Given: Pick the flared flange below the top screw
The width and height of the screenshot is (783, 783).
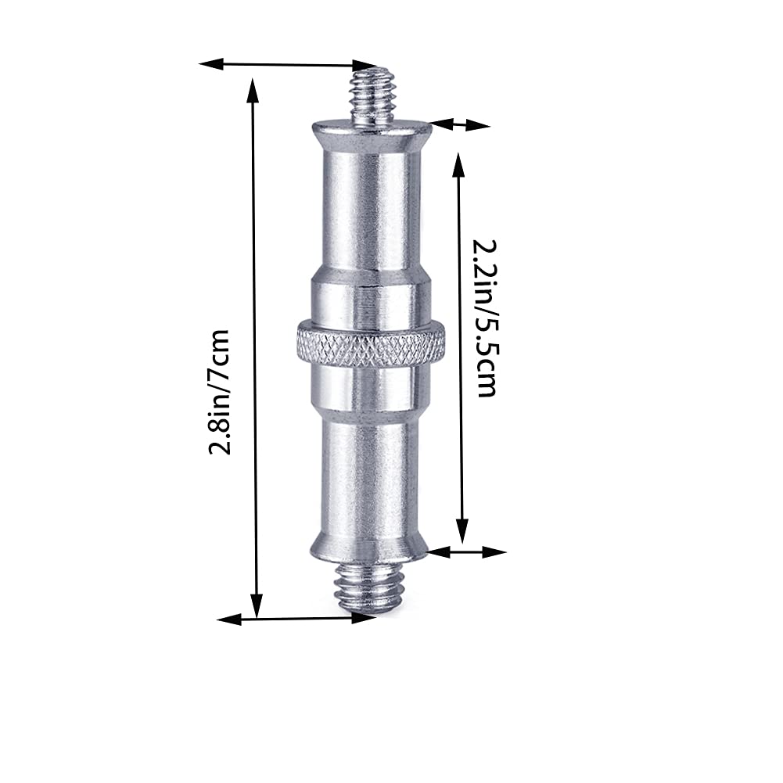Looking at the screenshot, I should tap(371, 135).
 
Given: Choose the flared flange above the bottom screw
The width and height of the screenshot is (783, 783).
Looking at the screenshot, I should tap(369, 545).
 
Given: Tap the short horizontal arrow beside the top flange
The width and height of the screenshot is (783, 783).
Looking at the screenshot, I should tap(460, 124).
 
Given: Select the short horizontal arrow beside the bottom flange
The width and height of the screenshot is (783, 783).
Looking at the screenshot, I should tap(468, 551).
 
